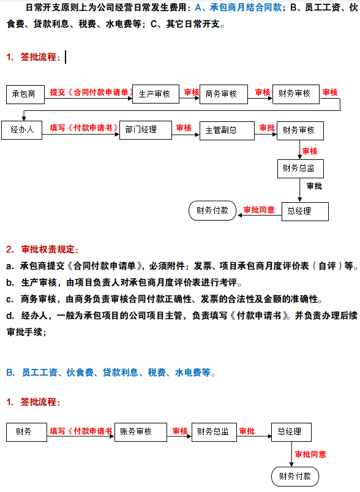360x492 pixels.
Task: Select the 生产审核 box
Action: pos(155,94)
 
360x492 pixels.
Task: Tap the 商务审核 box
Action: pos(223,94)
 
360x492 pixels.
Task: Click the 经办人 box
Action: pos(23,130)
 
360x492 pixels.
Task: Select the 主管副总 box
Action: pos(222,131)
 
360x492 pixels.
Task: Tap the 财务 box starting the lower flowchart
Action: pos(26,431)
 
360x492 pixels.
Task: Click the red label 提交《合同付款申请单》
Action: pos(92,92)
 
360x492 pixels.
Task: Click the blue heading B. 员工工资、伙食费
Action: pos(110,372)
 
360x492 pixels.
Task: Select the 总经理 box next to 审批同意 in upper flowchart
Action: pos(304,211)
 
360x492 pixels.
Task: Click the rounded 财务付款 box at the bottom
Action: pos(295,476)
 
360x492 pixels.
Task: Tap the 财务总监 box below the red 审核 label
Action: pos(300,168)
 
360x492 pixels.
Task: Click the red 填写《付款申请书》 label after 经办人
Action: pos(84,127)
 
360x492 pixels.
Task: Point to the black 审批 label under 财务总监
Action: pos(315,186)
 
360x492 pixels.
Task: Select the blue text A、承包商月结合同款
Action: pos(238,8)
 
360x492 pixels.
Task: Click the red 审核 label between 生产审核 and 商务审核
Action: pos(192,92)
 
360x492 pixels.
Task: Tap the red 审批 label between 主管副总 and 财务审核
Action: pos(267,127)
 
